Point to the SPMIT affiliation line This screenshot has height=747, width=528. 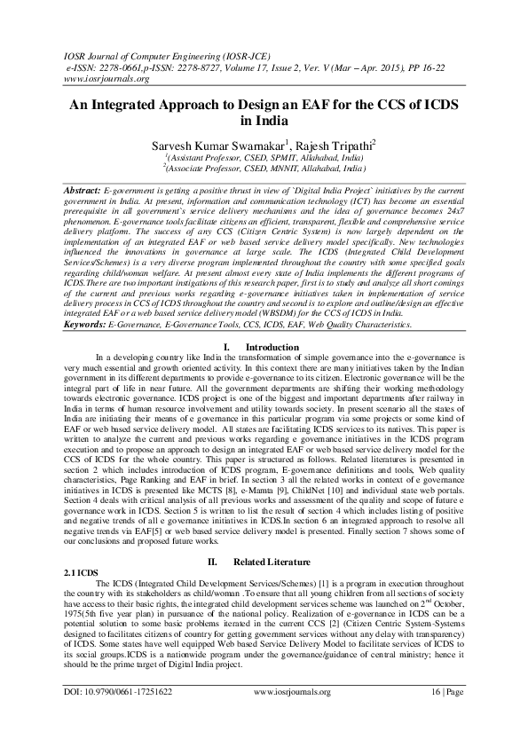click(264, 157)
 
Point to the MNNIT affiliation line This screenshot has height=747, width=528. click(264, 167)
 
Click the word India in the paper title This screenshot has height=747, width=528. click(264, 122)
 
